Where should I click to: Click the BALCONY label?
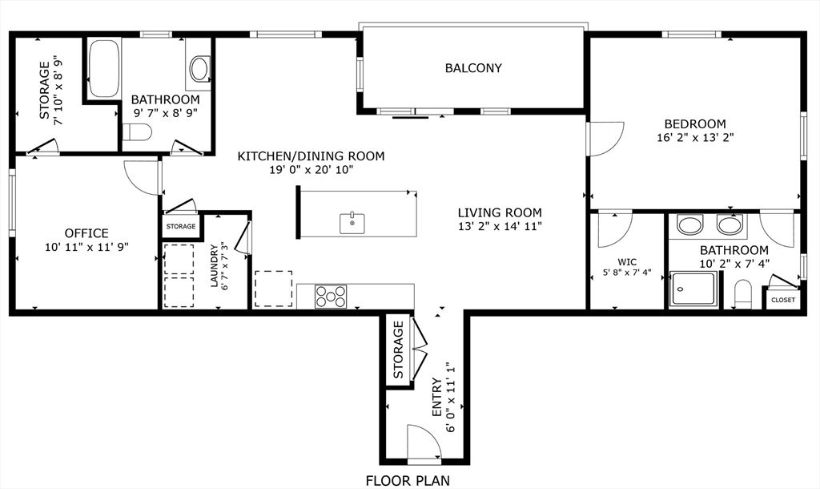pyautogui.click(x=473, y=68)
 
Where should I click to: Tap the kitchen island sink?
pyautogui.click(x=352, y=223)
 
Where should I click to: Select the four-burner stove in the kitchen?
pyautogui.click(x=330, y=297)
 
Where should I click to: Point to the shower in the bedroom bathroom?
pyautogui.click(x=694, y=289)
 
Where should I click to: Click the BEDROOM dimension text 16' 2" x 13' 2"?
pyautogui.click(x=694, y=138)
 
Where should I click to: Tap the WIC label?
pyautogui.click(x=627, y=261)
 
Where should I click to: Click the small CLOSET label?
pyautogui.click(x=782, y=300)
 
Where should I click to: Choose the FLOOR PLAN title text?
pyautogui.click(x=408, y=481)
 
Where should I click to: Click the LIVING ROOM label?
pyautogui.click(x=500, y=212)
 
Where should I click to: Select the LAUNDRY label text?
pyautogui.click(x=214, y=265)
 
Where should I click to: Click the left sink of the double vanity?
pyautogui.click(x=689, y=224)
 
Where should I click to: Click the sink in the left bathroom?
pyautogui.click(x=199, y=69)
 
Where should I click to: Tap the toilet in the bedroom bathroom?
pyautogui.click(x=742, y=295)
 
